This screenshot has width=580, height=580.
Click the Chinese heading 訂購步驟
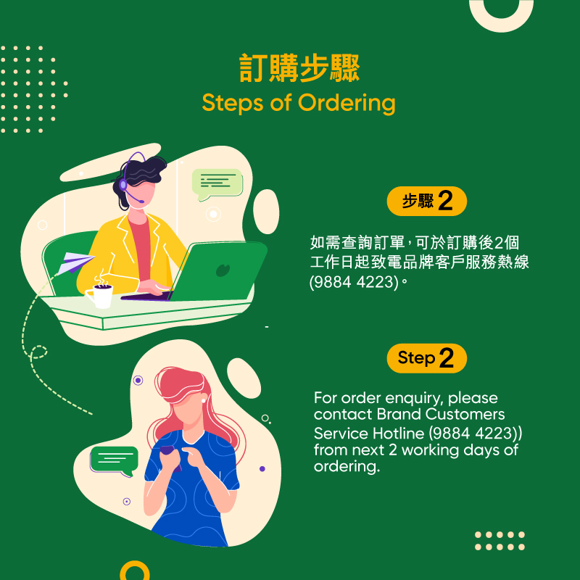tap(299, 68)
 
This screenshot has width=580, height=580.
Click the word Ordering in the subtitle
tap(347, 103)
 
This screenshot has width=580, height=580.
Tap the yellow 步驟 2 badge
tap(426, 201)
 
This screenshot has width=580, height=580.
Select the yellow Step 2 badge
tap(426, 358)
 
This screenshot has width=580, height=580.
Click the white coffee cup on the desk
tap(100, 296)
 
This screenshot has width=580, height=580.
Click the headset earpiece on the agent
tap(123, 184)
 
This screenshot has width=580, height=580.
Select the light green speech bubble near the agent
tap(217, 184)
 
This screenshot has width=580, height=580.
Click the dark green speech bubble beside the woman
tap(114, 460)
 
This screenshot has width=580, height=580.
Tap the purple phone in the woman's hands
tap(170, 456)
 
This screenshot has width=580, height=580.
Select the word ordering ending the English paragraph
tap(347, 466)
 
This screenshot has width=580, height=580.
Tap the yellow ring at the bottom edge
tap(135, 563)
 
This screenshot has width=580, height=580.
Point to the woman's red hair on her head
tap(181, 385)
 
